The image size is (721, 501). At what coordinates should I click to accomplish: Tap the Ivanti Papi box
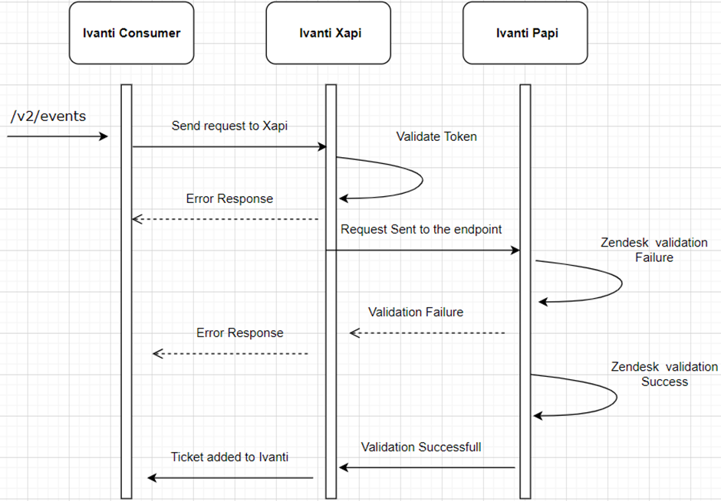pyautogui.click(x=525, y=33)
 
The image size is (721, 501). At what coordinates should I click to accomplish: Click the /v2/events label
pyautogui.click(x=48, y=116)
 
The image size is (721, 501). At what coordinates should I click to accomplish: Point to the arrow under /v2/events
pyautogui.click(x=58, y=136)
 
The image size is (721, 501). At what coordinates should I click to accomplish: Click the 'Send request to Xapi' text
pyautogui.click(x=229, y=126)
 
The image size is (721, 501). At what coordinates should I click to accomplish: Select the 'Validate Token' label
pyautogui.click(x=436, y=136)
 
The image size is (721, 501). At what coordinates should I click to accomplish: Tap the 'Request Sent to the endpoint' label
pyautogui.click(x=421, y=229)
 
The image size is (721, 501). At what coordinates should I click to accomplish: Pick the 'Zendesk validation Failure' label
pyautogui.click(x=654, y=250)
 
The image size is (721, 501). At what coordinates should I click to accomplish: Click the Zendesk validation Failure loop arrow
pyautogui.click(x=620, y=283)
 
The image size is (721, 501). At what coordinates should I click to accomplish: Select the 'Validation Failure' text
pyautogui.click(x=415, y=312)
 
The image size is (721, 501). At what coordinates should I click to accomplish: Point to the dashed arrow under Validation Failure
pyautogui.click(x=427, y=333)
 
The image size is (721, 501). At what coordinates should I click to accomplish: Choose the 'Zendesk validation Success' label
pyautogui.click(x=664, y=374)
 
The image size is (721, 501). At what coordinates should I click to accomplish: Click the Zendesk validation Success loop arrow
pyautogui.click(x=615, y=397)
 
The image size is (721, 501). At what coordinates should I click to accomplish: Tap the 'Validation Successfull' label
pyautogui.click(x=421, y=447)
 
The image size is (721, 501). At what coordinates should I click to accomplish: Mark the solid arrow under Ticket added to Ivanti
pyautogui.click(x=230, y=478)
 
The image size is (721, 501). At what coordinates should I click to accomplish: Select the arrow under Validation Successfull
pyautogui.click(x=427, y=467)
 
